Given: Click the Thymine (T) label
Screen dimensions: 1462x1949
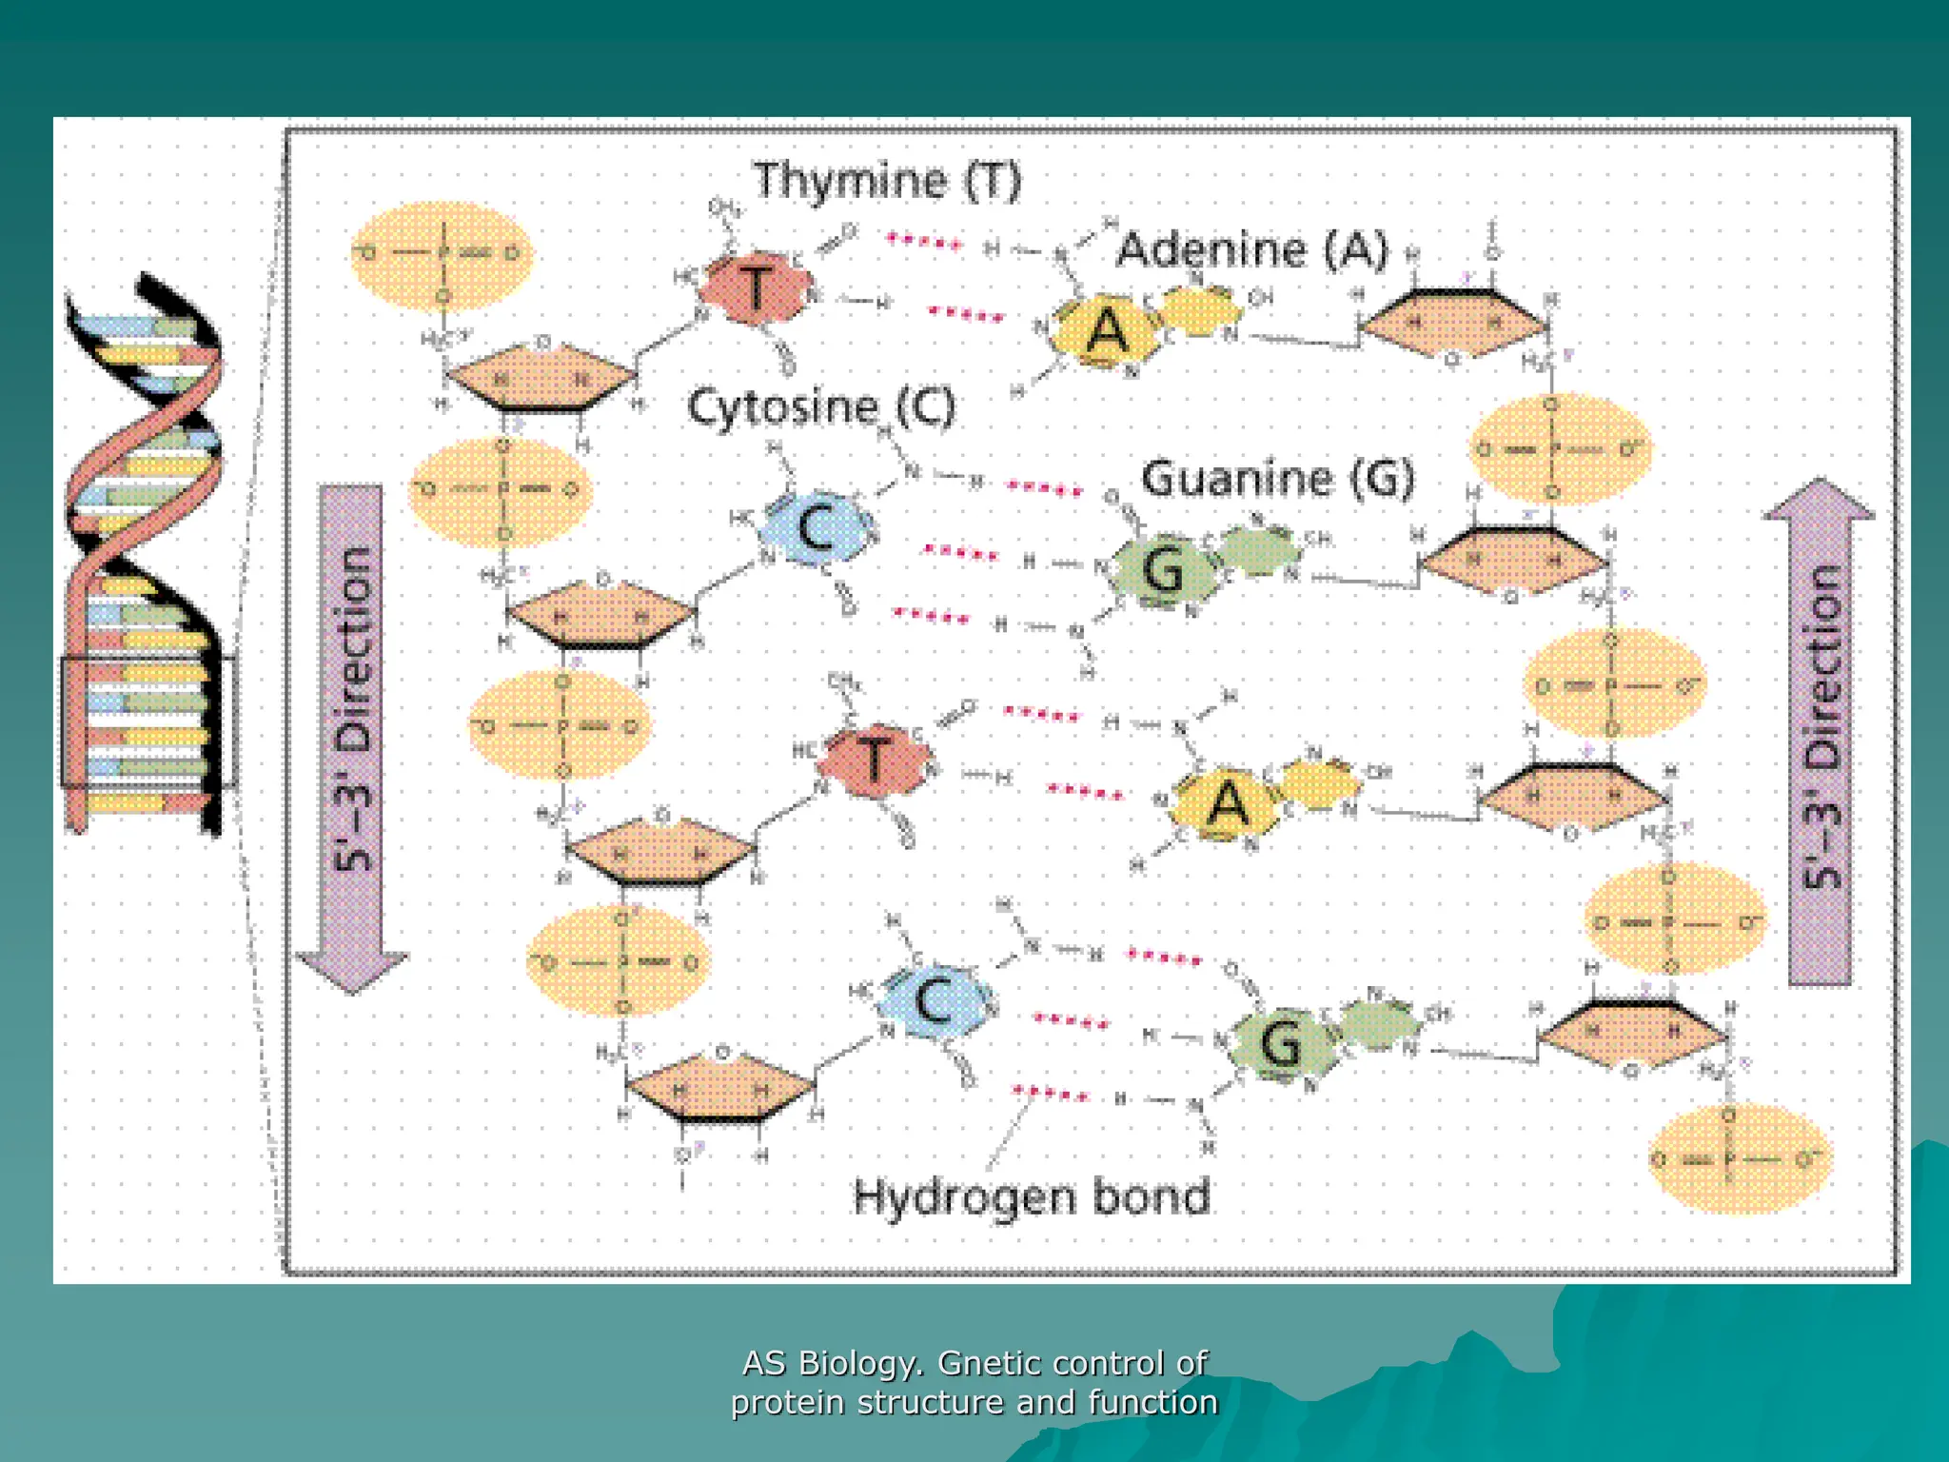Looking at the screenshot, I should (x=887, y=181).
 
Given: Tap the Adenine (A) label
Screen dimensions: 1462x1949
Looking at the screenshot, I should (x=1252, y=249).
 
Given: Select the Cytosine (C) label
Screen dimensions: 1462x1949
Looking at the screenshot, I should (x=820, y=407).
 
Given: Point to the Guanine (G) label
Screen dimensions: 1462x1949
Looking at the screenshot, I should (x=1278, y=478).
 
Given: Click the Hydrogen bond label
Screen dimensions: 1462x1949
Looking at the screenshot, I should (x=1032, y=1196).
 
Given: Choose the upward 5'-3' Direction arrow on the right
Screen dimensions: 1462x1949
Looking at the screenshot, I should (x=1820, y=733).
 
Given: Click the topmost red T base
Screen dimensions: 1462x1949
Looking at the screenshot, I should (x=757, y=288).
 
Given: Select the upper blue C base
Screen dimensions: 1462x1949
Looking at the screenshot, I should (x=817, y=529).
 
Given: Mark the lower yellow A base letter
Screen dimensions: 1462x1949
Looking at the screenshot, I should (x=1228, y=804).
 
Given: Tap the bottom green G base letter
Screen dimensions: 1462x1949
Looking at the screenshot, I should (x=1281, y=1042).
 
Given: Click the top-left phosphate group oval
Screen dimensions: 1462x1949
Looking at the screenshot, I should (x=441, y=254).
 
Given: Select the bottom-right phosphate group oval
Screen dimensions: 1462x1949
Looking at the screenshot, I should (x=1738, y=1158).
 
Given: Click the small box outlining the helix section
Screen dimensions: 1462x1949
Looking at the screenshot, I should (x=148, y=721).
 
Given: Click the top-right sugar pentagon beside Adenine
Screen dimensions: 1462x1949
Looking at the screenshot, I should (x=1452, y=324).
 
